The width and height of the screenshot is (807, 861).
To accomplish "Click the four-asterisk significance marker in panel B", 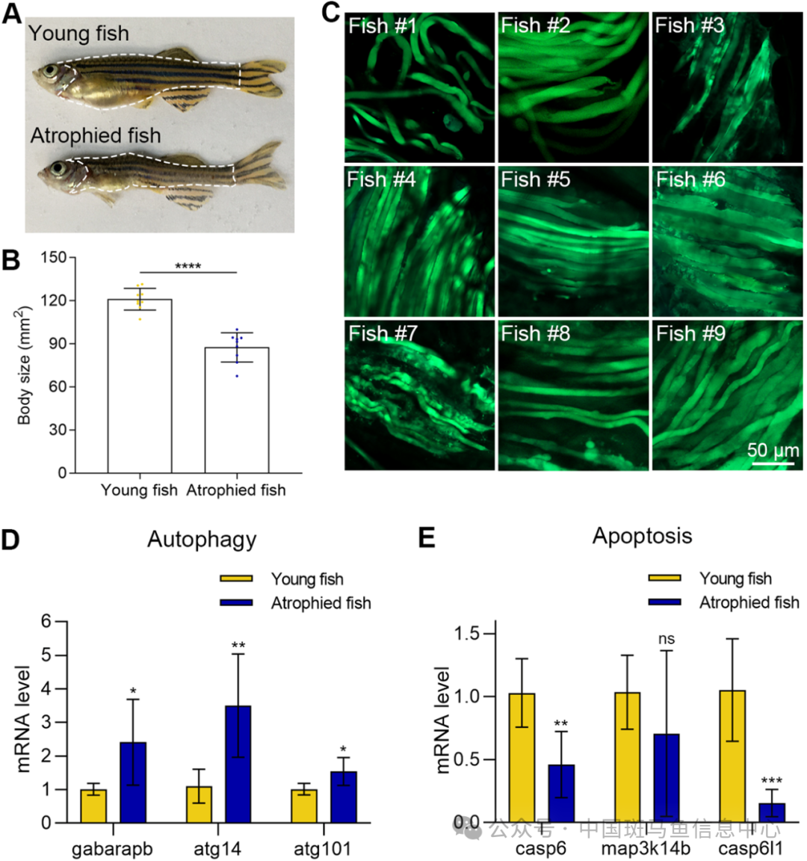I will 188,266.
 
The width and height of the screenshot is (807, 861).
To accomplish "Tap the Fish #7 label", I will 383,333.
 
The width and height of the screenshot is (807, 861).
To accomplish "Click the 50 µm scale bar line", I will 773,464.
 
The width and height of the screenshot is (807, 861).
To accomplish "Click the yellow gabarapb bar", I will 94,806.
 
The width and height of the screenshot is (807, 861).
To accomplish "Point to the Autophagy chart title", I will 202,539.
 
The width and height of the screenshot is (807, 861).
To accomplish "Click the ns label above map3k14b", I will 666,639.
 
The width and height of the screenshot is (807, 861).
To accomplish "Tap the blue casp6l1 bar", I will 771,812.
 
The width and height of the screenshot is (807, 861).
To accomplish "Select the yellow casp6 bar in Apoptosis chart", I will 522,758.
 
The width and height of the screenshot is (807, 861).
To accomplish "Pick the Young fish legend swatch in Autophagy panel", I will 236,578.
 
